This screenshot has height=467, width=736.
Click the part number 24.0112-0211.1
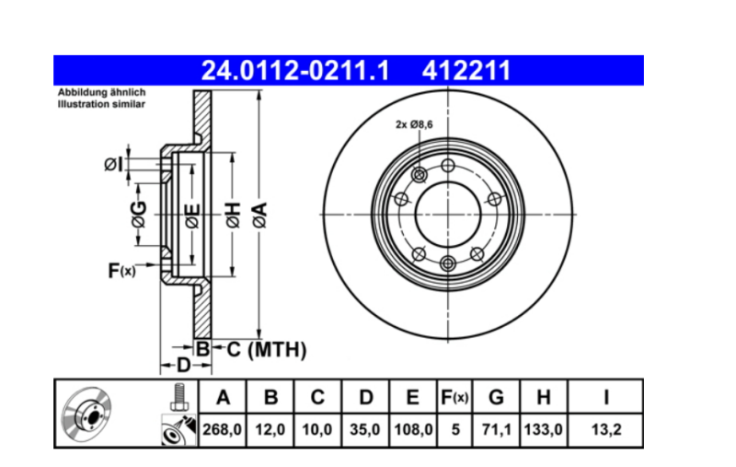[295, 71]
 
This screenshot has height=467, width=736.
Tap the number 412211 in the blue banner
[466, 71]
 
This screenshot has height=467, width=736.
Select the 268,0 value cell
[222, 429]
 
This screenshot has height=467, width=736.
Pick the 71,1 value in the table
[496, 429]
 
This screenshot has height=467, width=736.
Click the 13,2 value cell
[605, 429]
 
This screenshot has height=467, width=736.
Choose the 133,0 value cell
[544, 429]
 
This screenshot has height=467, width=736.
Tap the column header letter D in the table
[365, 398]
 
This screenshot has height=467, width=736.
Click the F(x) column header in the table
[454, 398]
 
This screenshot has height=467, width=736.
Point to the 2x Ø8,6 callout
[414, 124]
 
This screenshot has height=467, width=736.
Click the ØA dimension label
[260, 216]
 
